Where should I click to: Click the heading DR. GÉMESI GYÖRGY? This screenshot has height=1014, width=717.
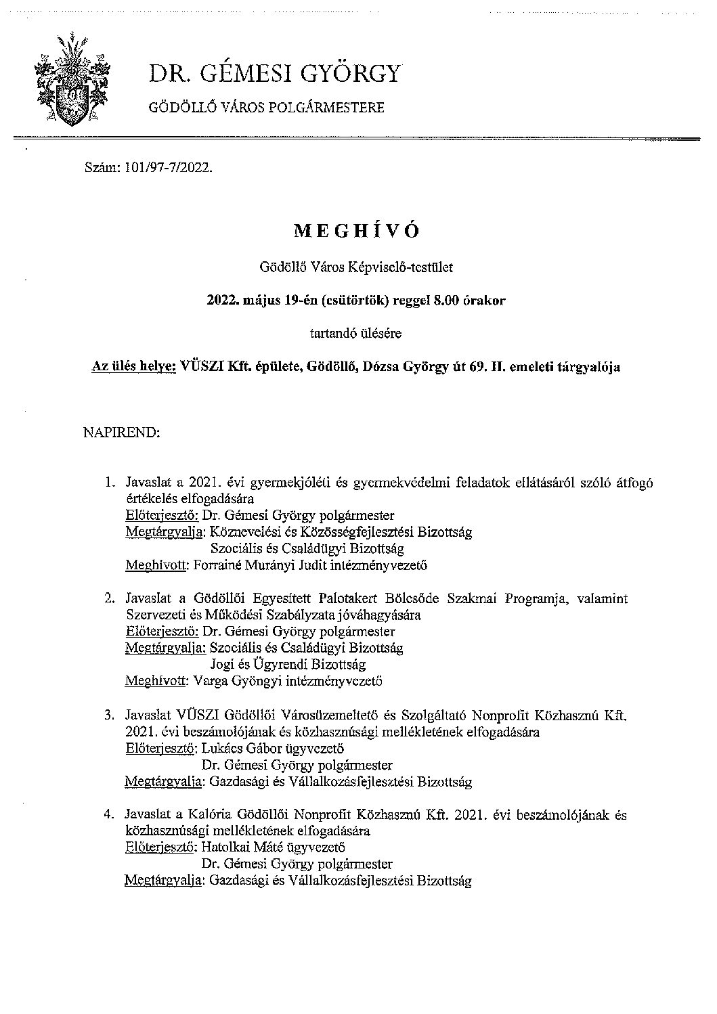pos(274,73)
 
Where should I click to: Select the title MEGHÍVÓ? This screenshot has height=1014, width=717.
pos(357,231)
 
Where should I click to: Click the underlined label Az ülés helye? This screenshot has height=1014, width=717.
pos(133,368)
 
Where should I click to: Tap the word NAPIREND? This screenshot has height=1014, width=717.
pos(121,431)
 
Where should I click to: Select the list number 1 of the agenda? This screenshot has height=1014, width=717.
pos(108,483)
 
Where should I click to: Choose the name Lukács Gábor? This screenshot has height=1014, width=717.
pos(238,749)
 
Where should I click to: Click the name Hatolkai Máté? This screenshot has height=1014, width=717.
pos(241,847)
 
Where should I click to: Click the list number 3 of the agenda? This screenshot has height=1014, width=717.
pos(108,715)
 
